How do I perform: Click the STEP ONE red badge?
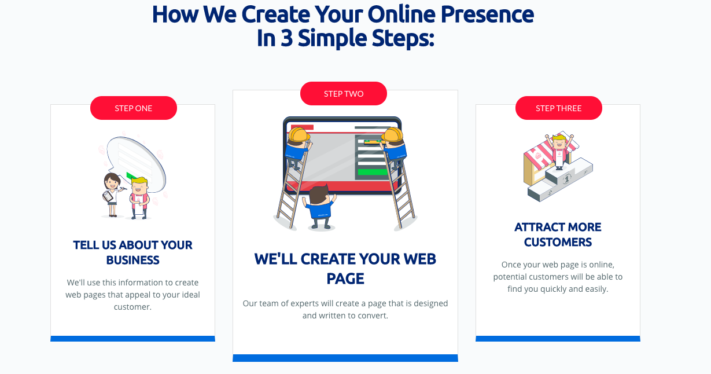coord(134,108)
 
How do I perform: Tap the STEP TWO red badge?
coord(344,94)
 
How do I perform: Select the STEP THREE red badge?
coord(559,108)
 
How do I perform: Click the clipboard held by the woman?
coord(108,196)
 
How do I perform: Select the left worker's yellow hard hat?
coord(299,135)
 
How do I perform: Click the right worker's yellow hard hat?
coord(392,135)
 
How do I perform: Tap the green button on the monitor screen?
coord(372,172)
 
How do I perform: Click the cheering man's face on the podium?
coord(558,142)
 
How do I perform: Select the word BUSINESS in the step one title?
coord(132,260)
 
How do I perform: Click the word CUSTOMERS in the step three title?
coord(558,242)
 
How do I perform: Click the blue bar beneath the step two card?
coord(345,358)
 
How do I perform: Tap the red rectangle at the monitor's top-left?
coord(302,127)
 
